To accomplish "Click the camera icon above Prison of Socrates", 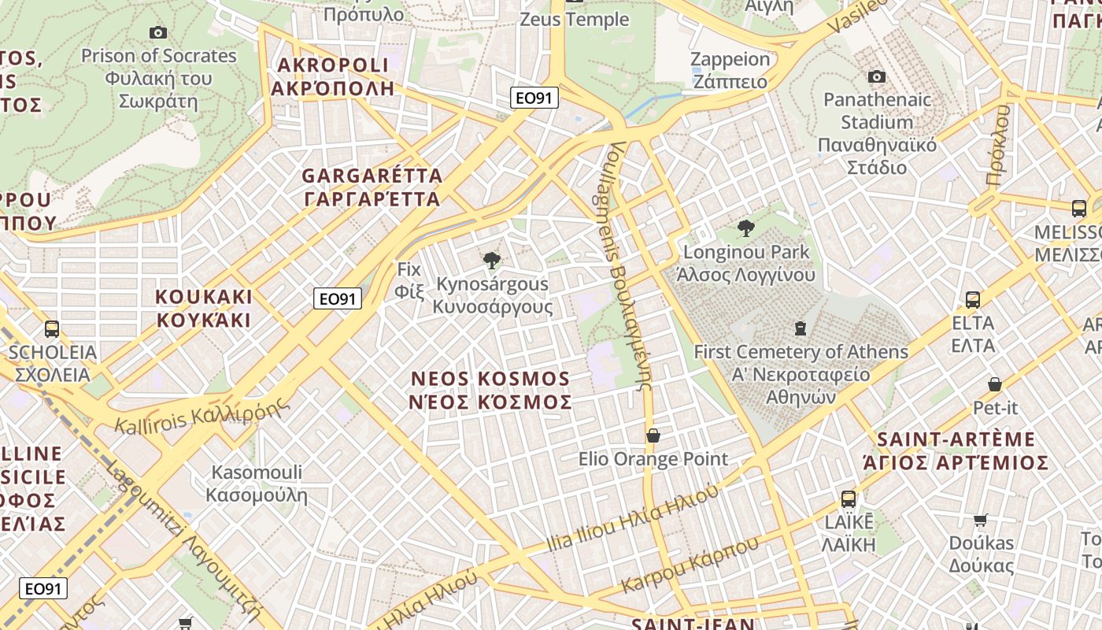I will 158,32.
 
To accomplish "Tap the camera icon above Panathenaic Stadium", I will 877,76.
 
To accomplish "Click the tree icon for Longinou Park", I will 745,228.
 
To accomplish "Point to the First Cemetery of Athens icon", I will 801,328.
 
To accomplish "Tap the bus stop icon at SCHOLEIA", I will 52,328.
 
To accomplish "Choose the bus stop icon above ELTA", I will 973,299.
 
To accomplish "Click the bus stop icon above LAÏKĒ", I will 849,498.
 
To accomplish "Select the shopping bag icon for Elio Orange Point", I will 653,435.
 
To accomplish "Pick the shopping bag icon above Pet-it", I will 995,384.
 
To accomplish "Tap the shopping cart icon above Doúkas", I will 981,520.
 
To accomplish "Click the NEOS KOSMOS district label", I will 490,391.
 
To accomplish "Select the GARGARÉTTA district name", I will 372,187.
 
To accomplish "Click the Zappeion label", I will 730,70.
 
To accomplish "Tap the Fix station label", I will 409,280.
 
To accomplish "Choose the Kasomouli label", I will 257,484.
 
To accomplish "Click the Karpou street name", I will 690,565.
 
